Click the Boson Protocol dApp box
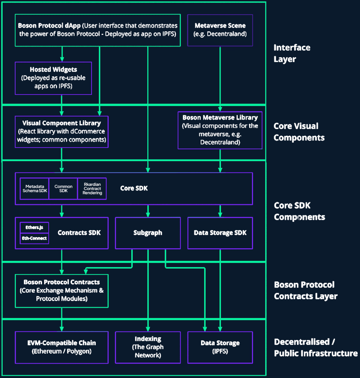point(97,30)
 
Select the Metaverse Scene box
point(220,30)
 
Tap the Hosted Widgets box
point(53,78)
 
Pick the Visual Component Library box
point(61,132)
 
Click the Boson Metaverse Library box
point(220,130)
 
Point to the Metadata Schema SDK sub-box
point(34,189)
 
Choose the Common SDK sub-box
point(63,189)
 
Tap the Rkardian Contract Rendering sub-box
point(92,189)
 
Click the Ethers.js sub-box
point(34,227)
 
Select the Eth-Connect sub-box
point(34,238)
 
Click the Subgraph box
point(148,233)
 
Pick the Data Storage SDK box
point(220,233)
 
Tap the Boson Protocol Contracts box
point(61,290)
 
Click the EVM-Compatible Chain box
point(61,347)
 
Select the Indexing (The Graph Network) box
point(148,347)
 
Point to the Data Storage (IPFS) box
point(220,347)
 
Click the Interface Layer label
point(292,53)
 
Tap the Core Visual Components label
point(299,132)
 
